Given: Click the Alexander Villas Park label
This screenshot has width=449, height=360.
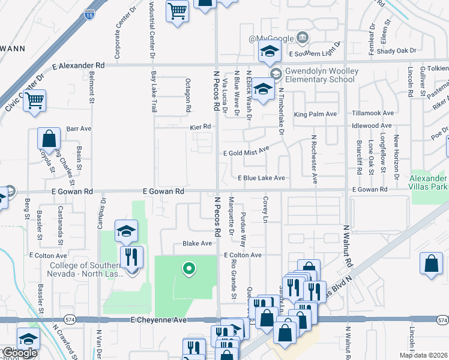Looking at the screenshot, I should click(x=429, y=183).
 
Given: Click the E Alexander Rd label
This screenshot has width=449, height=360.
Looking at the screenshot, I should click(x=79, y=65).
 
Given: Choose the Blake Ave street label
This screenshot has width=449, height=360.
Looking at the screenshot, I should click(x=197, y=244).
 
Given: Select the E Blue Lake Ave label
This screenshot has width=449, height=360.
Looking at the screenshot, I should click(x=261, y=178).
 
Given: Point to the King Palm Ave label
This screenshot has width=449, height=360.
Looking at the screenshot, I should click(x=315, y=113).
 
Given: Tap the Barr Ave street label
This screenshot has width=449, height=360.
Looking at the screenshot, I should click(x=79, y=128).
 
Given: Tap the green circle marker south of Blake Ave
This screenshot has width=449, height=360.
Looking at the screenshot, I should click(x=189, y=269).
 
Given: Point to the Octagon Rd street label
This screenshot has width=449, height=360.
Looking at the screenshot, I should click(x=188, y=96).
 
